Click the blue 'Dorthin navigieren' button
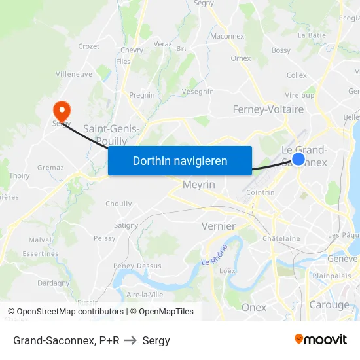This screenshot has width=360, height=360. [180, 160]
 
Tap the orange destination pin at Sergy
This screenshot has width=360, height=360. [62, 110]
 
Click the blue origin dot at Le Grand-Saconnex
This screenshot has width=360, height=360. [298, 159]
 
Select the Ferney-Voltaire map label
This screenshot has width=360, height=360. [268, 109]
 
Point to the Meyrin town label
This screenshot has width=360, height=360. [199, 185]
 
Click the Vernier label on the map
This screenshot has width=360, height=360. [219, 226]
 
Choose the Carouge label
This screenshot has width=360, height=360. [329, 305]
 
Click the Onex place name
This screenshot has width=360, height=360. [254, 307]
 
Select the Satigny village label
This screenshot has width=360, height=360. [126, 225]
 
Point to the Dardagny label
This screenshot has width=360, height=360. [54, 283]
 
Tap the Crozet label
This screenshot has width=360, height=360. [89, 46]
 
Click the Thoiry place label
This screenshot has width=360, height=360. [20, 175]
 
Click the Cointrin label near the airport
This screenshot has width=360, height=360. [261, 192]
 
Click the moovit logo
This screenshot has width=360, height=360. [320, 339]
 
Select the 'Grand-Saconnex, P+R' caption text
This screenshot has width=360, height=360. [66, 340]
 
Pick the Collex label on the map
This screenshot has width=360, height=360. [297, 75]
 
